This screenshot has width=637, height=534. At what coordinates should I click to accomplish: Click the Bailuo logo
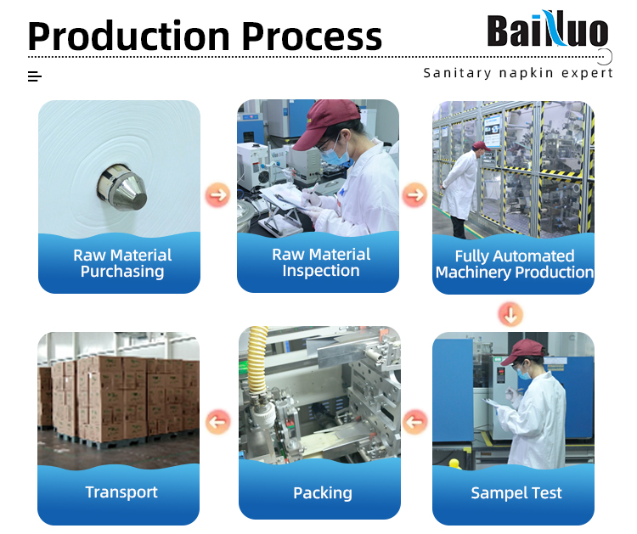point(547,31)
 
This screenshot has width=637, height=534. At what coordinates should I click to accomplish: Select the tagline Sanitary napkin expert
point(518,73)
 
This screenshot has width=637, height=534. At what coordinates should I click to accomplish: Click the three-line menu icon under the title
point(35,76)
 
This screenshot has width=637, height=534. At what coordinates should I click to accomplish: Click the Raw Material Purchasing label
point(122,263)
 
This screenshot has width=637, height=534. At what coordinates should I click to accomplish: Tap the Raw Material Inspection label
point(321,262)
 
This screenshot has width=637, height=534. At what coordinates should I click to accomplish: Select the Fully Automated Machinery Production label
point(514,264)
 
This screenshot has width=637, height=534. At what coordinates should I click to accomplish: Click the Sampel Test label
point(516,493)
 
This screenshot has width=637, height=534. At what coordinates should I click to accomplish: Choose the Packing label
point(322,492)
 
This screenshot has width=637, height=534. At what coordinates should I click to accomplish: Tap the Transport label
point(121,492)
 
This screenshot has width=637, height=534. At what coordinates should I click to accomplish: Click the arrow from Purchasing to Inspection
point(218,194)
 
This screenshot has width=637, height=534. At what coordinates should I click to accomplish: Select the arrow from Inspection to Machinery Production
point(415,194)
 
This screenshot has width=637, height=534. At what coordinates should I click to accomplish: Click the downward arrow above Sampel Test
point(510,314)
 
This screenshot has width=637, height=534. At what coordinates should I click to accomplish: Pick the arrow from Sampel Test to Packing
point(415,421)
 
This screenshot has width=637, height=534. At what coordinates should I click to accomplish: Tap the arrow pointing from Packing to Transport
point(218,421)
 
